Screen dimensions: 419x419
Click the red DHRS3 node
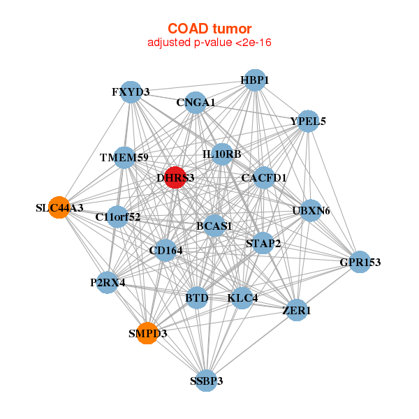175,177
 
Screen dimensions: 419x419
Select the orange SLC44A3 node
59,207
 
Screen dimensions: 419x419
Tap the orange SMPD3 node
147,333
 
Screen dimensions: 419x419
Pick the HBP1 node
255,80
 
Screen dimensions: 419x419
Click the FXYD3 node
131,92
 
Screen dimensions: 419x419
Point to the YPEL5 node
309,121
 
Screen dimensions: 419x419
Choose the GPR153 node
360,262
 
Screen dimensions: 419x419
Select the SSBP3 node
206,381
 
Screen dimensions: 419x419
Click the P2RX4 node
107,282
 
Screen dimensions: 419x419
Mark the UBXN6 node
311,209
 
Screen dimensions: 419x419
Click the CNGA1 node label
196,103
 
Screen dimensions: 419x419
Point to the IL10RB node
222,154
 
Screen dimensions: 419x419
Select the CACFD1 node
264,177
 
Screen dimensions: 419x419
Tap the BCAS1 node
214,226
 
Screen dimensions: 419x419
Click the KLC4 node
242,298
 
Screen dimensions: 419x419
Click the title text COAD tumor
209,28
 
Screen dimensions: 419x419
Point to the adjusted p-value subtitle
209,43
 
